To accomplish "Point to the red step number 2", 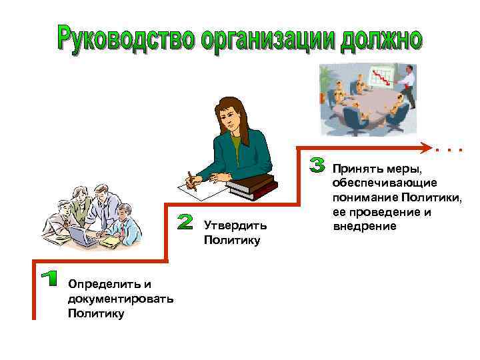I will [x=186, y=222].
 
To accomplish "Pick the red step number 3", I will [x=319, y=165].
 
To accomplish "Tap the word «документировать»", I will [x=121, y=298].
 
